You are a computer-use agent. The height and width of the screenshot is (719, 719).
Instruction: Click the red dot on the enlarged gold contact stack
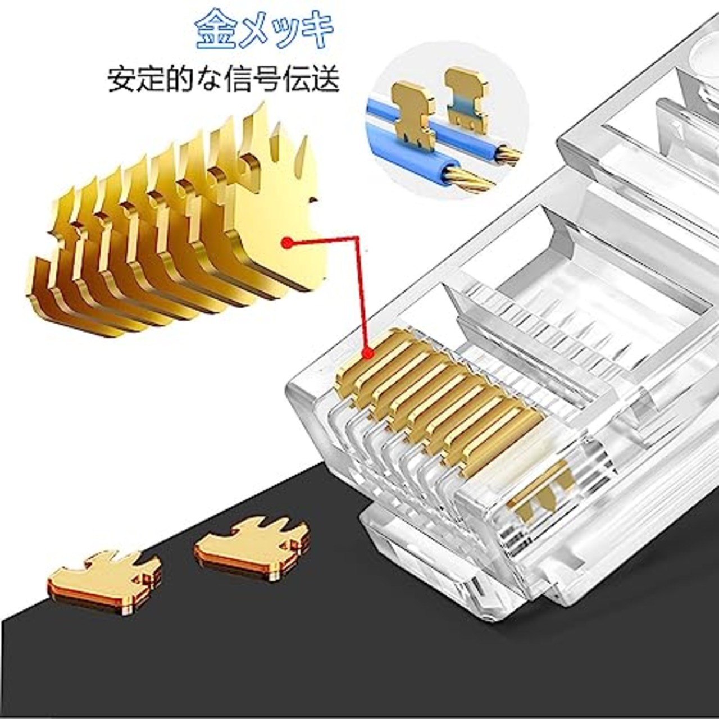click(x=288, y=242)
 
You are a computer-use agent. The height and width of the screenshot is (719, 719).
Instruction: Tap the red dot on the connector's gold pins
click(x=368, y=353)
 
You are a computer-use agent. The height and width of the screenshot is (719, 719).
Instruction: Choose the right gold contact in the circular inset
click(x=466, y=98)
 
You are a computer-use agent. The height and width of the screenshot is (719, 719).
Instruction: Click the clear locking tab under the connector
click(x=427, y=556)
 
